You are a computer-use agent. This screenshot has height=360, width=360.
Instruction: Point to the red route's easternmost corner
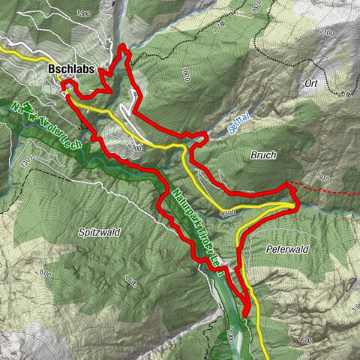(x=298, y=201)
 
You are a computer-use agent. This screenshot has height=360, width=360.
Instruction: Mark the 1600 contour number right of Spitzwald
(x=130, y=283)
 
